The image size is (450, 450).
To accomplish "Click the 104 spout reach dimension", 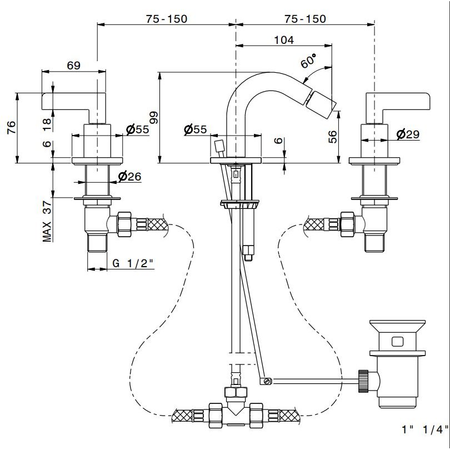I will click(284, 40).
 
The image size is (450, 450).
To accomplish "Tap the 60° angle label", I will click(308, 61).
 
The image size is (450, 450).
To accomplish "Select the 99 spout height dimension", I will click(154, 117).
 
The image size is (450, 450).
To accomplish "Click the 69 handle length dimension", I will click(73, 65).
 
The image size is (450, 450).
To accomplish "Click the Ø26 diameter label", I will click(129, 177).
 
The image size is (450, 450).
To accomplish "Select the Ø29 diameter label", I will click(408, 134).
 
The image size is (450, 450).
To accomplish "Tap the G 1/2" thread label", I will click(133, 264).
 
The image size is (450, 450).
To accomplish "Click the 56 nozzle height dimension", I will click(332, 136).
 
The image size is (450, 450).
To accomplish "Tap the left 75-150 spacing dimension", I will click(167, 18).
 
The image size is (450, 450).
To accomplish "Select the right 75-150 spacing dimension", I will click(304, 18).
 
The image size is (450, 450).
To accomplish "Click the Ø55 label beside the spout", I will click(195, 129).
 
